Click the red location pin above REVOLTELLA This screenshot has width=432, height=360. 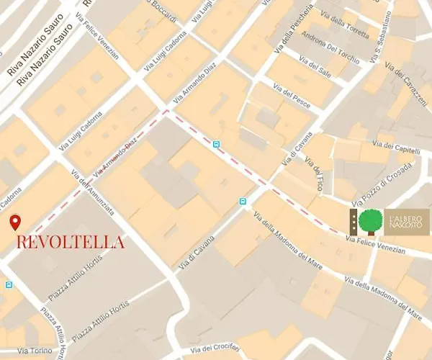click(x=15, y=222)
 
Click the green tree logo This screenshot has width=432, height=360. click(x=372, y=221)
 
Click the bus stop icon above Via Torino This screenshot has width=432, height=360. click(x=9, y=285)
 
